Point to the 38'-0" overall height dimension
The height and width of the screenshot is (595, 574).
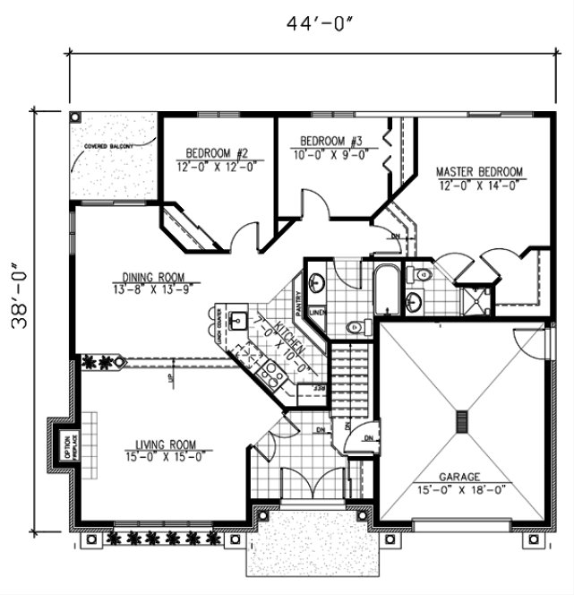[20, 297]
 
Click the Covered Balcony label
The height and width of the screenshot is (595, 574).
[108, 146]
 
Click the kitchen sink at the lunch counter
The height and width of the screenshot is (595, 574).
[238, 320]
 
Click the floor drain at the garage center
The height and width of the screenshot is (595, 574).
[462, 422]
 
